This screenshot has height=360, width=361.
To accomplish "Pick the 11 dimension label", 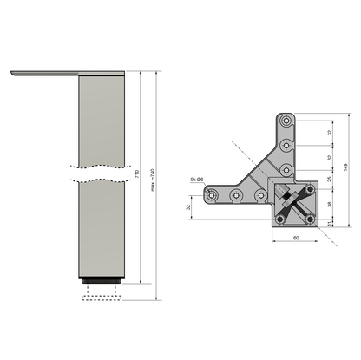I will [x=331, y=222].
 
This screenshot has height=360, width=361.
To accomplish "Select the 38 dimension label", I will [x=331, y=206].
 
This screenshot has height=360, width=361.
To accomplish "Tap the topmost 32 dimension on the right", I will [x=331, y=133].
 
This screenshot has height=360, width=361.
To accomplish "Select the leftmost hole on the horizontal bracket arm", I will [x=211, y=197].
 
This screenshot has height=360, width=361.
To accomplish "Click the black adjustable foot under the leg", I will [x=103, y=283].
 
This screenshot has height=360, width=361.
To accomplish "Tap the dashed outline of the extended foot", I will [x=103, y=300].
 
